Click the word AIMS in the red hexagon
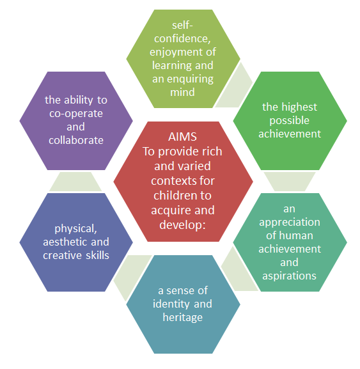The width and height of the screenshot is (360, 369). pyautogui.click(x=182, y=137)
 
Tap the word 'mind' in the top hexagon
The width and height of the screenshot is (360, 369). pyautogui.click(x=182, y=92)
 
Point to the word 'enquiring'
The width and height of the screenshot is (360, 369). pyautogui.click(x=190, y=79)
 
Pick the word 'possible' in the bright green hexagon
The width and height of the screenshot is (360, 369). pyautogui.click(x=289, y=121)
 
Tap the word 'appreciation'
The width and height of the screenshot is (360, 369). pyautogui.click(x=290, y=223)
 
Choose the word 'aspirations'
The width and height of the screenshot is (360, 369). pyautogui.click(x=289, y=276)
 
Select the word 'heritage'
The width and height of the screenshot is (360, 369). pyautogui.click(x=183, y=317)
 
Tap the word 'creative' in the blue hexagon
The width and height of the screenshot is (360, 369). pyautogui.click(x=63, y=255)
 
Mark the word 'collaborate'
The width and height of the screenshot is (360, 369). pyautogui.click(x=76, y=141)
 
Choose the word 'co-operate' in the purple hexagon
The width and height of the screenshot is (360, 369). pyautogui.click(x=76, y=114)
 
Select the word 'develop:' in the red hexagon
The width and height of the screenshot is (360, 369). pyautogui.click(x=183, y=225)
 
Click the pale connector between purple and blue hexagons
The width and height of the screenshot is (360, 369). pyautogui.click(x=75, y=182)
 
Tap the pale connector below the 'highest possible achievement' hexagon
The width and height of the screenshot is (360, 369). pyautogui.click(x=290, y=182)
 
